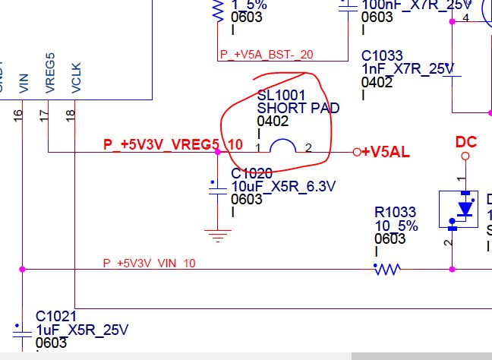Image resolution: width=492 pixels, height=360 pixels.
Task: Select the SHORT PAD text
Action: tap(298, 108)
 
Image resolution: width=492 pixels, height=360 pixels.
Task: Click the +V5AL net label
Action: tap(386, 152)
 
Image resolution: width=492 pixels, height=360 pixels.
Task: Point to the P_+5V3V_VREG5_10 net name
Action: tap(173, 144)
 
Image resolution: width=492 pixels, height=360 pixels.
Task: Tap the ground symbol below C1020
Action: tap(219, 235)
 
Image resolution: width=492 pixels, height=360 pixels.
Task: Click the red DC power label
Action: tap(465, 142)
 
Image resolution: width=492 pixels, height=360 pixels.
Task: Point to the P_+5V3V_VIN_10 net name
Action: tap(149, 263)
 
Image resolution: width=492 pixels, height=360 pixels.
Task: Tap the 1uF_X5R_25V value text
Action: tap(82, 330)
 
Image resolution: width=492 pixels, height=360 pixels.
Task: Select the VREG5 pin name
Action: tap(50, 74)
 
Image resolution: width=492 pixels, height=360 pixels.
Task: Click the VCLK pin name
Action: tap(75, 77)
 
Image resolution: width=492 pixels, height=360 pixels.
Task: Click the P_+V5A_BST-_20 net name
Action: tap(266, 55)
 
